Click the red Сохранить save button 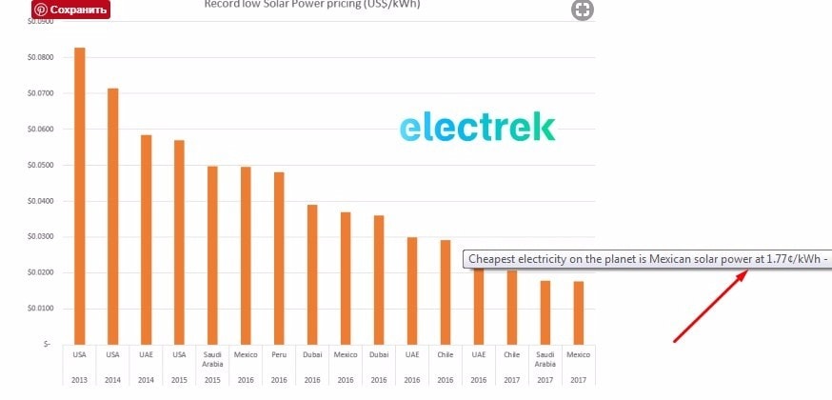pos(70,10)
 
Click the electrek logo pos(477,127)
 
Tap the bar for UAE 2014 pos(146,239)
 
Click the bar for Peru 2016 pos(279,257)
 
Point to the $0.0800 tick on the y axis pos(41,57)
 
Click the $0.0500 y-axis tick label pos(41,165)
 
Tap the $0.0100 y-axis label pos(41,309)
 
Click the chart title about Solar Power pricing pos(312,4)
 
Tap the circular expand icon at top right pos(582,10)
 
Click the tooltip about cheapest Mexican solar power pos(647,259)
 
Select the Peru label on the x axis pos(279,354)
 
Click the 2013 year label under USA pos(80,379)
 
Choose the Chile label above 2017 pos(511,354)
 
